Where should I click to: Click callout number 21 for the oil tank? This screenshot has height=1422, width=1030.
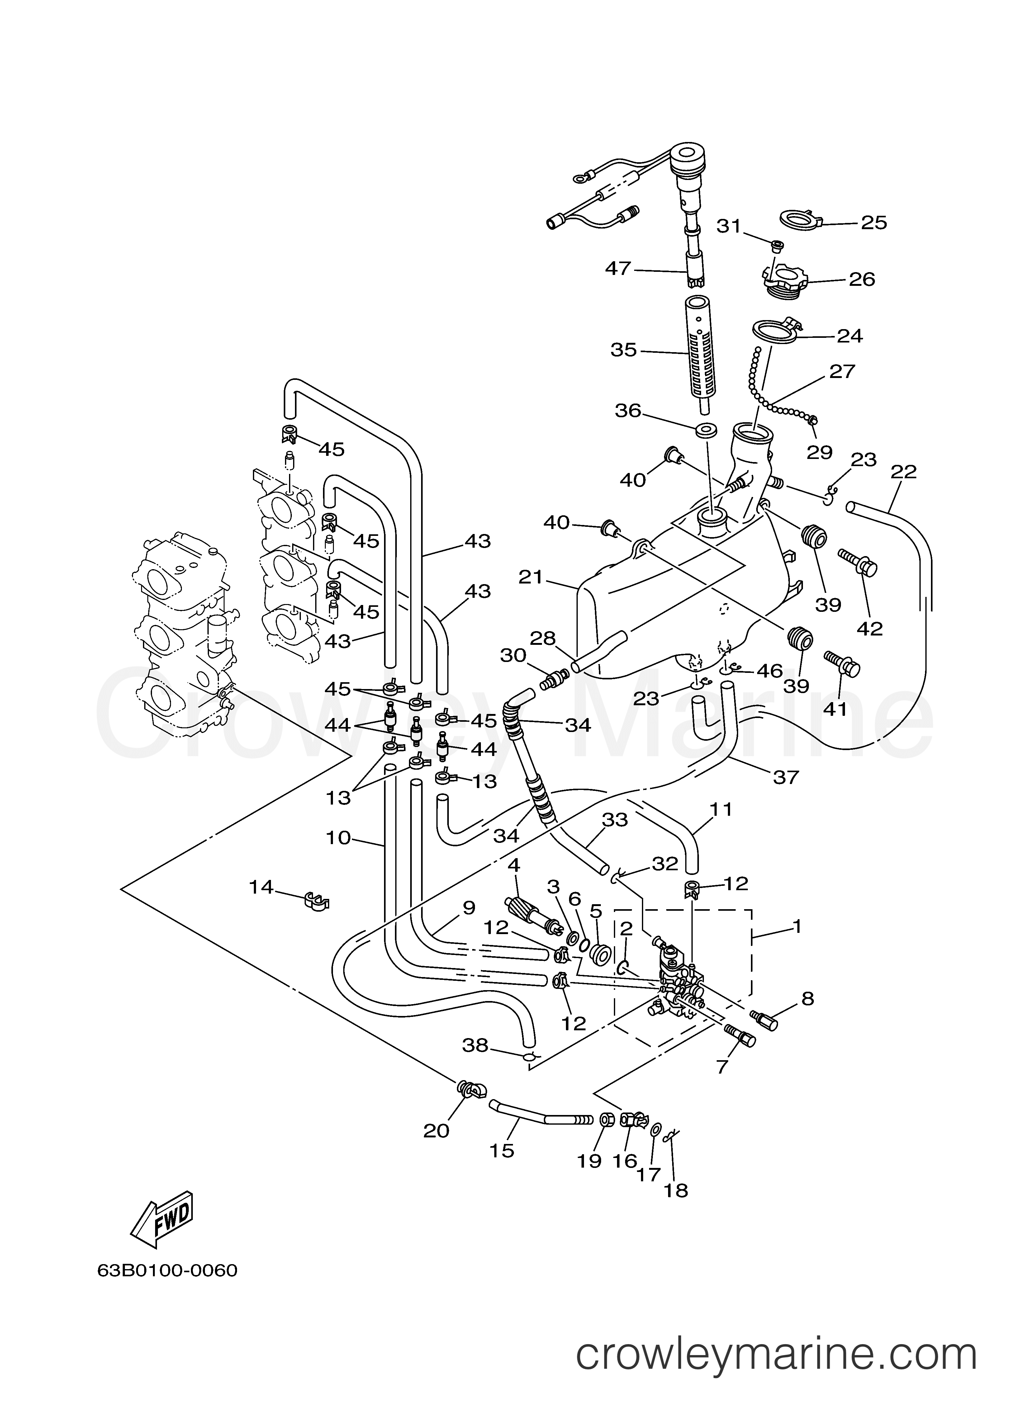(x=531, y=576)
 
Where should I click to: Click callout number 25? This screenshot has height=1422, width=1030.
(x=874, y=223)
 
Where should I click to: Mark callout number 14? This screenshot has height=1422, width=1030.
(x=261, y=887)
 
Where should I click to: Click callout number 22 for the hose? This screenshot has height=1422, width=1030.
(x=903, y=471)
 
